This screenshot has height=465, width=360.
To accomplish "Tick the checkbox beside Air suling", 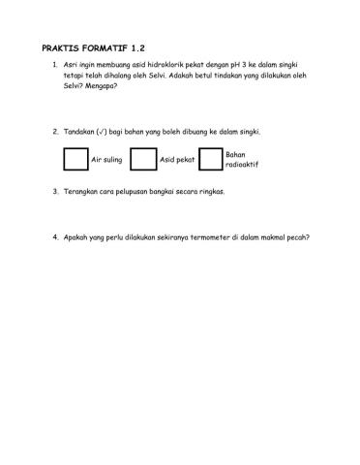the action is pyautogui.click(x=74, y=159).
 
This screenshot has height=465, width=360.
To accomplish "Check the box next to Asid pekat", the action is pyautogui.click(x=142, y=159).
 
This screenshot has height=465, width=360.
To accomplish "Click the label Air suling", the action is pyautogui.click(x=105, y=159).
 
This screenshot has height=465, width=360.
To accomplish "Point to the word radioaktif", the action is pyautogui.click(x=240, y=165).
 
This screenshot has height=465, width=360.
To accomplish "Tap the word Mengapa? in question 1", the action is pyautogui.click(x=101, y=86).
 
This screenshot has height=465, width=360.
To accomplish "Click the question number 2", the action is pyautogui.click(x=54, y=130).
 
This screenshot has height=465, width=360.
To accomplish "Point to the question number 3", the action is pyautogui.click(x=54, y=192).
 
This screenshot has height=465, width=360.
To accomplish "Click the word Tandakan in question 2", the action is pyautogui.click(x=79, y=130).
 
